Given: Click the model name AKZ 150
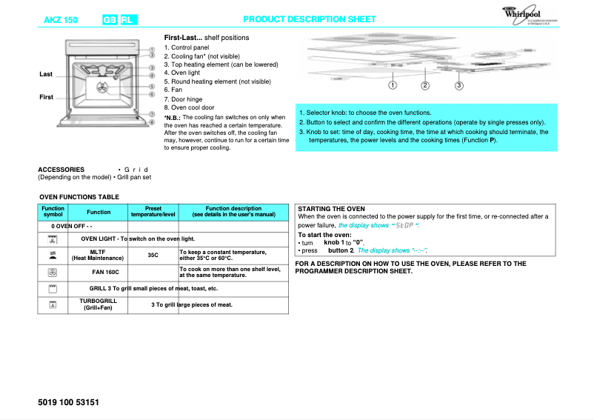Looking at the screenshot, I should click(60, 19).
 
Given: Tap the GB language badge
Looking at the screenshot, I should click(110, 19).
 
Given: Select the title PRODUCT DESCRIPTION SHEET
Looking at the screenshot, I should click(310, 19).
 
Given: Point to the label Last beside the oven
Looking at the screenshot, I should click(46, 74).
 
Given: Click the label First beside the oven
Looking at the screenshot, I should click(46, 98).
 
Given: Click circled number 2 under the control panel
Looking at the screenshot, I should click(425, 85).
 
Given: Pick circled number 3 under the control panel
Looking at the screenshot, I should click(459, 85).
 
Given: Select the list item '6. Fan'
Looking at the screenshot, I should click(173, 90).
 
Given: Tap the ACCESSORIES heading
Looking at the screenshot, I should click(61, 170).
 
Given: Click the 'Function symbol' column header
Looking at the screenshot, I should click(53, 212).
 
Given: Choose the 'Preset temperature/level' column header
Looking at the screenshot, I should click(153, 212).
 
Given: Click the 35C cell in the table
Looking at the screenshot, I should click(153, 255).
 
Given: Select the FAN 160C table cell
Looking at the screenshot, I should click(99, 273).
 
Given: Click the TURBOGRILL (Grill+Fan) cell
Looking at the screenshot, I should click(99, 304).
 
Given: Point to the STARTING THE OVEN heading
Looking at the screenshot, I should click(331, 209).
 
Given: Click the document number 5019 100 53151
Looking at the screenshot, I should click(67, 402).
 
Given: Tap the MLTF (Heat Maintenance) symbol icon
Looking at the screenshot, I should click(53, 255).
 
